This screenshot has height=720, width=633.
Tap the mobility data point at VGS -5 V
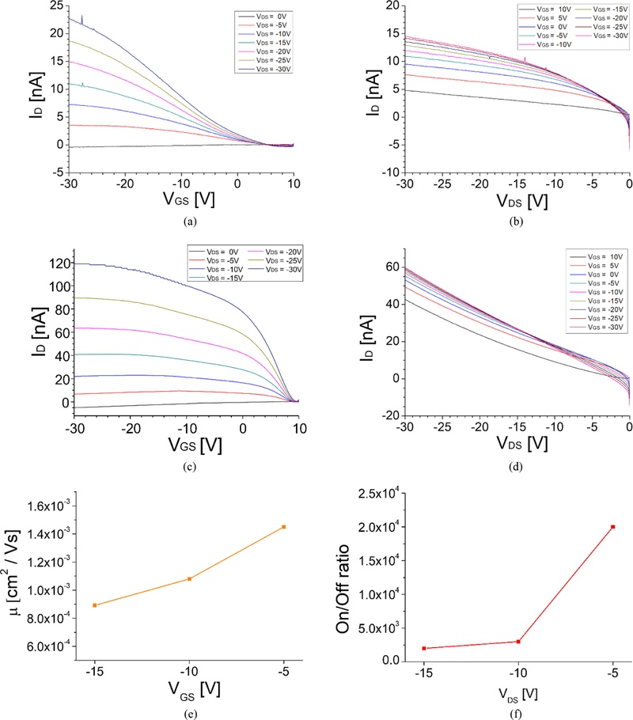tap(284, 526)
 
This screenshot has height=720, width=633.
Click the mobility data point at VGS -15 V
tap(95, 605)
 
